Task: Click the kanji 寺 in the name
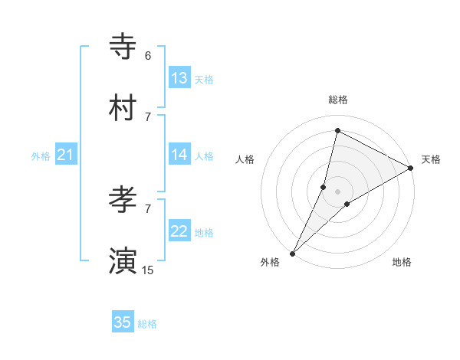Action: [x=123, y=47]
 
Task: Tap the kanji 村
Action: [x=123, y=108]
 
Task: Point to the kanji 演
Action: [x=123, y=261]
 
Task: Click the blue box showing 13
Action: [x=179, y=78]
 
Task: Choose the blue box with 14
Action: [x=179, y=155]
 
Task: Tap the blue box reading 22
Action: [x=179, y=231]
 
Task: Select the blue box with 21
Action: [x=65, y=155]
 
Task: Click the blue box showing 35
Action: [x=123, y=322]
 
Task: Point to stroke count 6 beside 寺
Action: [x=148, y=56]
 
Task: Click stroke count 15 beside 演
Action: [x=148, y=270]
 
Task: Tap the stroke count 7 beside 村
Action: [x=148, y=116]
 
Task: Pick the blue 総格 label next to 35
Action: [x=148, y=324]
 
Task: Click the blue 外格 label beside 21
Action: [x=41, y=156]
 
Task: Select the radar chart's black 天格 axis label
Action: [x=431, y=159]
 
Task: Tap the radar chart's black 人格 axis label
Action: [x=245, y=159]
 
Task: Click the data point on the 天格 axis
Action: [x=411, y=168]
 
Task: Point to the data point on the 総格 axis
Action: [x=337, y=130]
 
